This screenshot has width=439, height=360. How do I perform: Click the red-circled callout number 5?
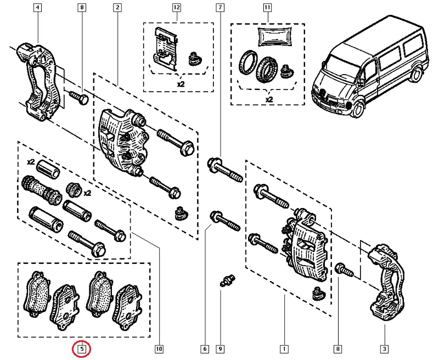82,348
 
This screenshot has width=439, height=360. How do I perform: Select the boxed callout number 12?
176,8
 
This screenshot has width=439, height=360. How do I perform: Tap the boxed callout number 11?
267,8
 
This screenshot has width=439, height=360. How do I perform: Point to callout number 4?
37,8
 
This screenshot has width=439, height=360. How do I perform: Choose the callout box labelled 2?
117,8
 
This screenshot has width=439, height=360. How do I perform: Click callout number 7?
220,8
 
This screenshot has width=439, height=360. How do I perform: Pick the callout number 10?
159,348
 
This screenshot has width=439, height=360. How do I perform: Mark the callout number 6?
205,348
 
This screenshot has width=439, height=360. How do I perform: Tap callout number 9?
220,348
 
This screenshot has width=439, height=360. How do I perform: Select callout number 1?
284,348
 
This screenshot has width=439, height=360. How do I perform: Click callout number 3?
385,348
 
